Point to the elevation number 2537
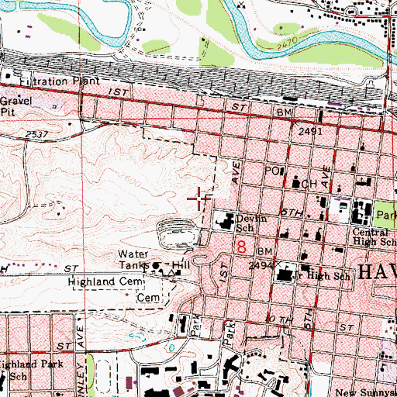coord(36,134)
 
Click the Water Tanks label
coord(133,260)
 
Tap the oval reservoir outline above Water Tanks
coord(178,231)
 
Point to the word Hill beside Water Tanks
coord(181,264)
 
